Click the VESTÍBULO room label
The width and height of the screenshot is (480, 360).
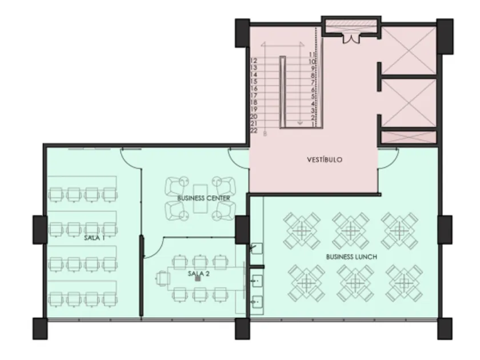pos(325,159)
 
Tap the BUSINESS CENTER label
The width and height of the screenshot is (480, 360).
pos(203,198)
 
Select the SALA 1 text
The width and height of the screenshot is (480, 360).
pos(94,238)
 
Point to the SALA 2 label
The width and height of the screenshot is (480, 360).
pos(199,273)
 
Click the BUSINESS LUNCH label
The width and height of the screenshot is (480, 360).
pos(351,257)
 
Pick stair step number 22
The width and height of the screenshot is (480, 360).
pos(254,130)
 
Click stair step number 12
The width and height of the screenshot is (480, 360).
pos(254,61)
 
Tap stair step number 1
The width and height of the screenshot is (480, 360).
pos(313,124)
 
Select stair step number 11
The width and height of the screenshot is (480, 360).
pos(312,54)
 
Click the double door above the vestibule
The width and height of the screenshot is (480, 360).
pos(351,39)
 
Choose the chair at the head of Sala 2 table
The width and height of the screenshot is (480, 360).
pos(162,279)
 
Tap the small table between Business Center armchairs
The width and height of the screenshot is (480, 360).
pos(201,198)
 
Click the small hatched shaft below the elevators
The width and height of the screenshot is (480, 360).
pos(409,137)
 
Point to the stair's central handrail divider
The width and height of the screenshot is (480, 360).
pos(282,92)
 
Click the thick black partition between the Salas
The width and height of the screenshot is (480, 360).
pos(141,275)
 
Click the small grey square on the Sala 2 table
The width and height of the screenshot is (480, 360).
pos(198,278)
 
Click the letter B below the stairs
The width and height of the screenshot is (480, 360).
pos(265,134)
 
